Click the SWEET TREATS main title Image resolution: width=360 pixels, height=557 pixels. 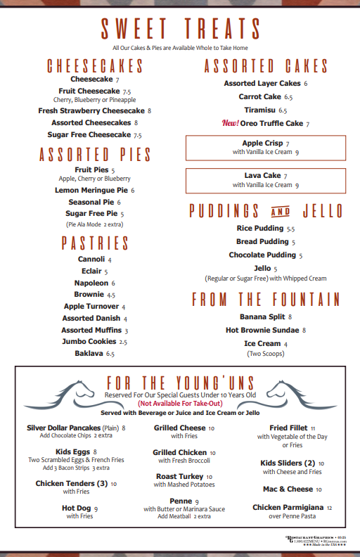click(x=180, y=29)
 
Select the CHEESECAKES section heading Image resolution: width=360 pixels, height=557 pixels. click(x=95, y=67)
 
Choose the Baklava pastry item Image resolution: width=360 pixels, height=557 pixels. click(x=89, y=353)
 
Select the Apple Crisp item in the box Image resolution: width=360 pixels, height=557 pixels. click(x=262, y=143)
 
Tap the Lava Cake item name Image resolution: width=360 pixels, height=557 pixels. click(x=262, y=175)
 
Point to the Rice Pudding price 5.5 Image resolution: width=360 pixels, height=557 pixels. click(x=290, y=229)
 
